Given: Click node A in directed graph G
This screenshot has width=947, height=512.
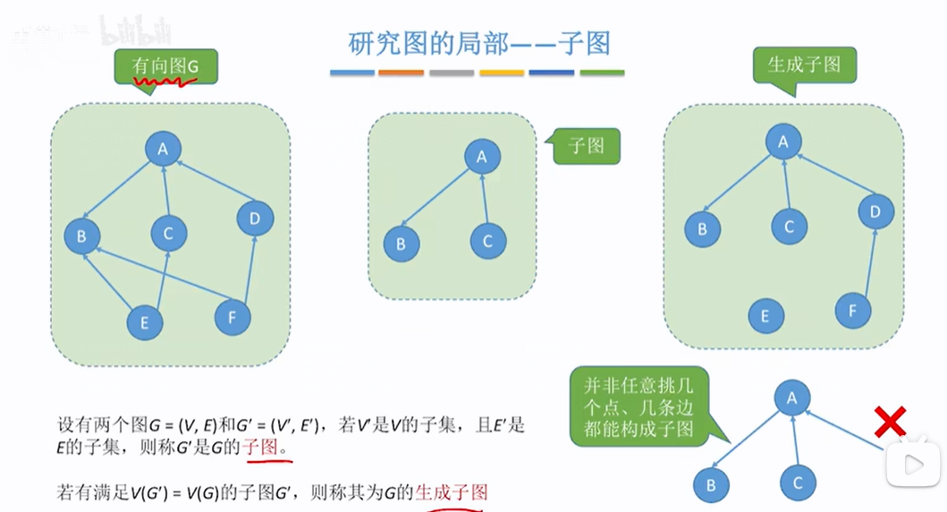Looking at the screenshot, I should tap(164, 149).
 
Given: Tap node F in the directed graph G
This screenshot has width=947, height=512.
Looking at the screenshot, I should tap(233, 316).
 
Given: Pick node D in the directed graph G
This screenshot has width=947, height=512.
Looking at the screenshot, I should tap(256, 218).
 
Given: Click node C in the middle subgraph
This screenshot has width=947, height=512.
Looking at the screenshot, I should tap(487, 241).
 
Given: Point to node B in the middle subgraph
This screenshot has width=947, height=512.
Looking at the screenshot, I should tap(402, 243).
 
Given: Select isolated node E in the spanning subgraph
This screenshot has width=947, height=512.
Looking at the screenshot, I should tap(765, 316).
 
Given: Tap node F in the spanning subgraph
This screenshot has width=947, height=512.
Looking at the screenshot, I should tap(853, 311).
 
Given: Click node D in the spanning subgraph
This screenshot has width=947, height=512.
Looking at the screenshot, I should tap(875, 212).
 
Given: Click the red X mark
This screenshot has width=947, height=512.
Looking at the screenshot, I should tap(890, 421).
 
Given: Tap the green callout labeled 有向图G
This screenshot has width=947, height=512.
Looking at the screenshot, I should tap(165, 66).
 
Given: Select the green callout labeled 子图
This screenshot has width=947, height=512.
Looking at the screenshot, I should tap(587, 145).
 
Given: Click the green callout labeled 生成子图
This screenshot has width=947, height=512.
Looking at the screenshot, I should tap(804, 65).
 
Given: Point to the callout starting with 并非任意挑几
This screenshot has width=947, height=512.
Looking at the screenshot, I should tap(638, 406).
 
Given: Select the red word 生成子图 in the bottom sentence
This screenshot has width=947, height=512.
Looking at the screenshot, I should tap(452, 491).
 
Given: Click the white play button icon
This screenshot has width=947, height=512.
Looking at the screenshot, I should tap(914, 465).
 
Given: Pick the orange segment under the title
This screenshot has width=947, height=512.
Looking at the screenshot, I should tap(401, 73).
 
